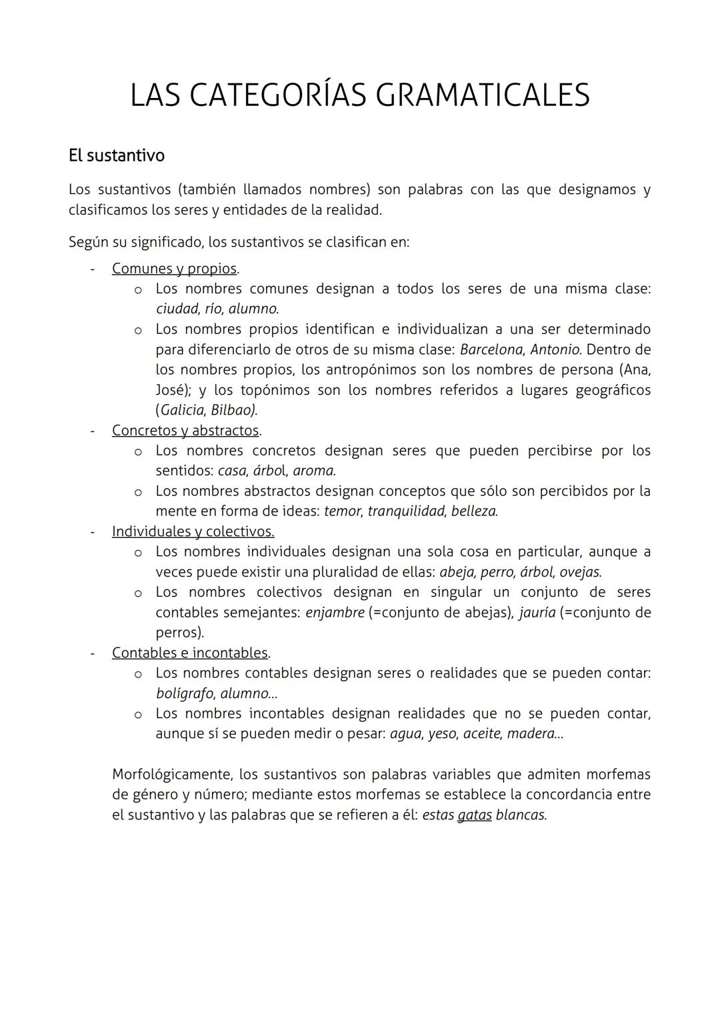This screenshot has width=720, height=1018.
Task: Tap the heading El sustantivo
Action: pos(116,155)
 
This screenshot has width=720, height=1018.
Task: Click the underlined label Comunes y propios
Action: pos(175,269)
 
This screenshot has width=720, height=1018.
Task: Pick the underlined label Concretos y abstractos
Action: pos(185,431)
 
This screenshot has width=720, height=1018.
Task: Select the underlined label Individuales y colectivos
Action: pos(193,532)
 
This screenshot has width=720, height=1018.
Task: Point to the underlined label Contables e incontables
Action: pos(190,653)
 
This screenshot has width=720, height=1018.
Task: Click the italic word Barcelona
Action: pos(491,350)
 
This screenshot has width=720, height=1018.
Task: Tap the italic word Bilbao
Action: pos(233,411)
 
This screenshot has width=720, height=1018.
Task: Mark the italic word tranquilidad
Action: pos(406,512)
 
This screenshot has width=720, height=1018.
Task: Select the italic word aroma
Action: pos(313,471)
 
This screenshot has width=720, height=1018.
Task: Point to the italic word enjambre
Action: pos(335,613)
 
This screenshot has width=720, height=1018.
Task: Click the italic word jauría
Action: pos(537,613)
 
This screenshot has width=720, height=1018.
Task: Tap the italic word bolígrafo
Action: pos(184,694)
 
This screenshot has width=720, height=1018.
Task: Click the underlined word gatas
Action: pos(474,815)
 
